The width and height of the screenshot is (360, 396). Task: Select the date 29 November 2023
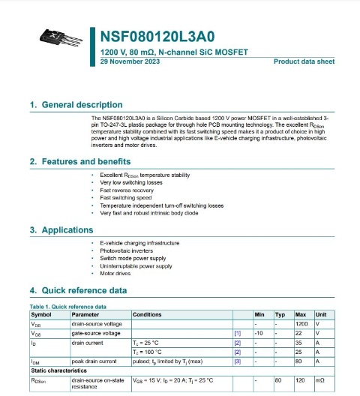point(129,62)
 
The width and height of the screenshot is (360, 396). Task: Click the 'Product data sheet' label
point(304,62)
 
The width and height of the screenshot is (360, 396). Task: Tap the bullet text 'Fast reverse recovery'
point(127,190)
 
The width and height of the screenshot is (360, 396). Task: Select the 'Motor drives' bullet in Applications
point(116,274)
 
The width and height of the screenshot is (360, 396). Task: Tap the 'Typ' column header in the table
point(280,314)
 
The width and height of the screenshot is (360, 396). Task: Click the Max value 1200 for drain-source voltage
point(301,323)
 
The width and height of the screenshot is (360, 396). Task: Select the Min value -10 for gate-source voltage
point(259,332)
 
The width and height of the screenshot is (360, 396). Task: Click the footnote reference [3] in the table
point(238,361)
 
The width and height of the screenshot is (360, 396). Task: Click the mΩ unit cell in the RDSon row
point(320,380)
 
